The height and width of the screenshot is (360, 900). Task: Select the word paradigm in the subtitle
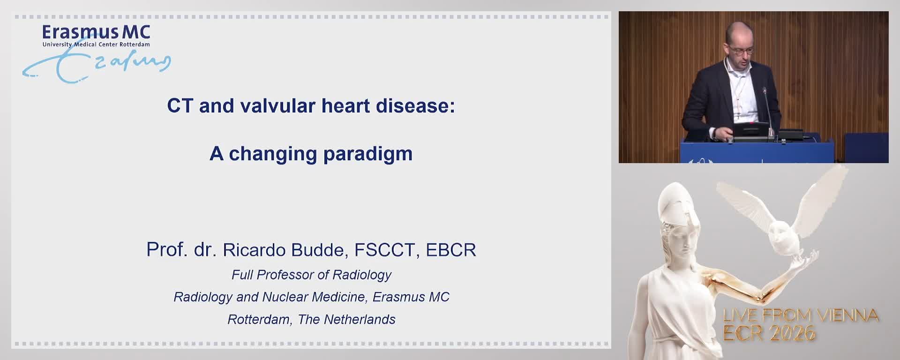[x=367, y=154]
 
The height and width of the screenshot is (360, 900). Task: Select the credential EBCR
[x=450, y=250]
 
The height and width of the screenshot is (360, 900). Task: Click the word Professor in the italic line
[x=286, y=275]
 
